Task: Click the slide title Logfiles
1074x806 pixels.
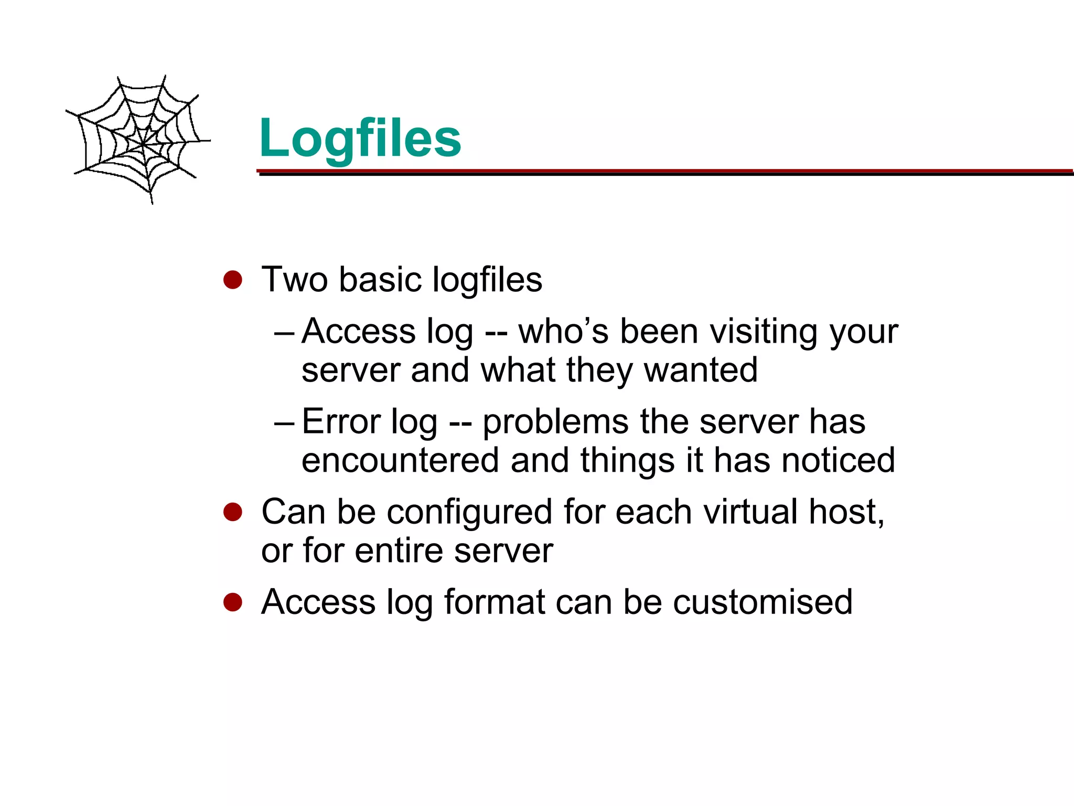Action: click(x=360, y=138)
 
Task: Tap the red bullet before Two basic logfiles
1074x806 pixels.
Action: click(x=232, y=280)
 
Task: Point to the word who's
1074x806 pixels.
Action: click(x=563, y=332)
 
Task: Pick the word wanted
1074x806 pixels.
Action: click(x=701, y=370)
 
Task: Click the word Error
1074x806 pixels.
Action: click(x=341, y=421)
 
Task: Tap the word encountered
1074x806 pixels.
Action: click(x=400, y=460)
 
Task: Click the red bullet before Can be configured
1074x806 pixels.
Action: click(x=232, y=512)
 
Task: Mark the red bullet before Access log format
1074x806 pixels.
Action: click(x=232, y=602)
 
